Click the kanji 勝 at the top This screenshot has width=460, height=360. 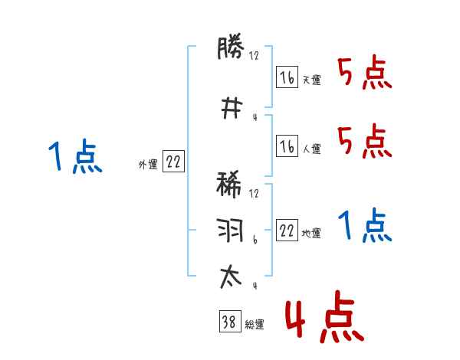click(x=231, y=48)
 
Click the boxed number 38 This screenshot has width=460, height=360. click(x=228, y=323)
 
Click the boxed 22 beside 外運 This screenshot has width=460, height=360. click(x=173, y=162)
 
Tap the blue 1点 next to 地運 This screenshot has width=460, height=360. click(x=364, y=225)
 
